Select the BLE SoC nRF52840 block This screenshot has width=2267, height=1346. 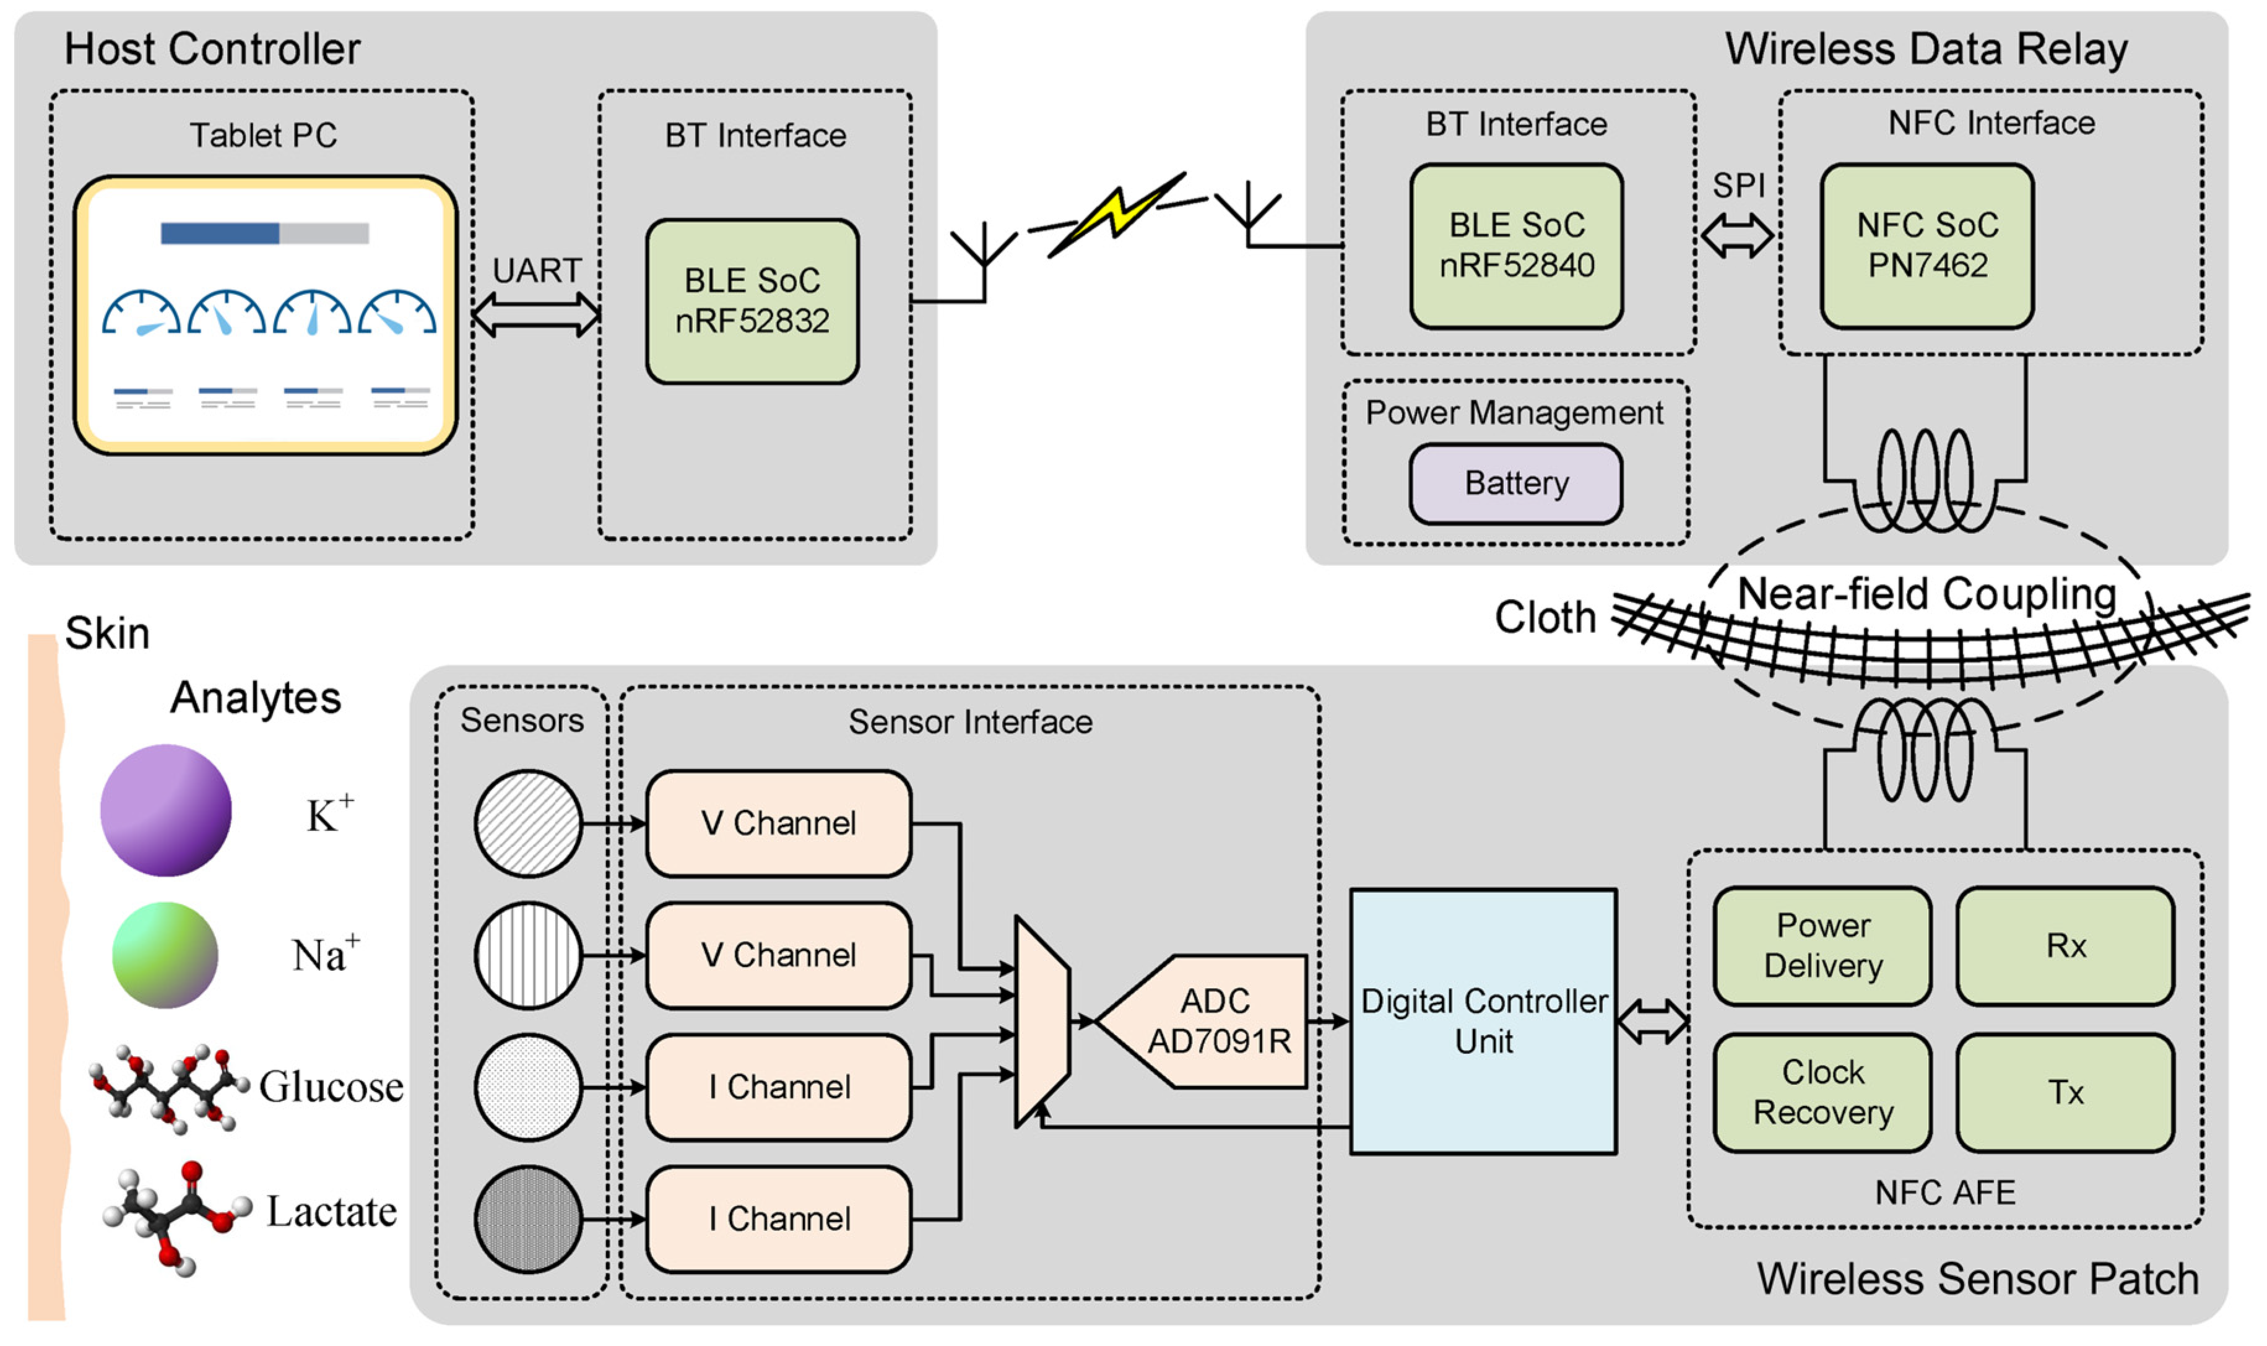pos(1515,246)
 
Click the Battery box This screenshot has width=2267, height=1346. pos(1515,484)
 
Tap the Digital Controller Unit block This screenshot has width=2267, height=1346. pos(1483,1022)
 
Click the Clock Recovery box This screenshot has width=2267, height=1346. pos(1822,1092)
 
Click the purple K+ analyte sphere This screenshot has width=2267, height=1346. pos(165,810)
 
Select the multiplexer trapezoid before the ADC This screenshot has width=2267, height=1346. pos(1042,1022)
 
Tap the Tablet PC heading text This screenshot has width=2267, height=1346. pos(263,135)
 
